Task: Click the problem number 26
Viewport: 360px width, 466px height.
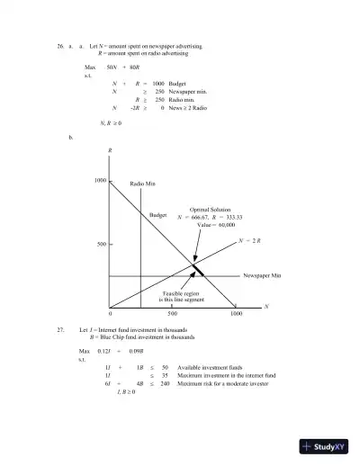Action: point(60,44)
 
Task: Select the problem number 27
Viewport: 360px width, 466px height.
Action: point(60,330)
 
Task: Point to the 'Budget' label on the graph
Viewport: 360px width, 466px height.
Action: point(157,216)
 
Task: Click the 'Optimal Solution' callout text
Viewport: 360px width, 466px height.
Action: point(210,210)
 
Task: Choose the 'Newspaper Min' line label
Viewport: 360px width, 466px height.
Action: point(262,275)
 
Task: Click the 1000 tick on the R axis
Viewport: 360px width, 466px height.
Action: point(100,181)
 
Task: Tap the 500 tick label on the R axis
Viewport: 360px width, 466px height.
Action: point(102,244)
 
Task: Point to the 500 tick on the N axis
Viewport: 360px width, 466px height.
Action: point(172,315)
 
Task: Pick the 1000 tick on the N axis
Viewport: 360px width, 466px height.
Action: point(235,315)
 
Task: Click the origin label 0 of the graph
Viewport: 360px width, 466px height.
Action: point(110,315)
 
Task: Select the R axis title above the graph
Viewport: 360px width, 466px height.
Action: point(110,150)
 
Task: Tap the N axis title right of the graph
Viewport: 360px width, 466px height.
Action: point(265,307)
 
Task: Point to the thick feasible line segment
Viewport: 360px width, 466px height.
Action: point(198,269)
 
